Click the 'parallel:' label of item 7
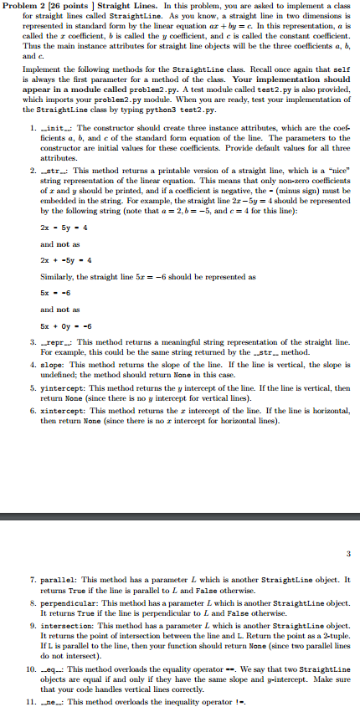click(x=56, y=579)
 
